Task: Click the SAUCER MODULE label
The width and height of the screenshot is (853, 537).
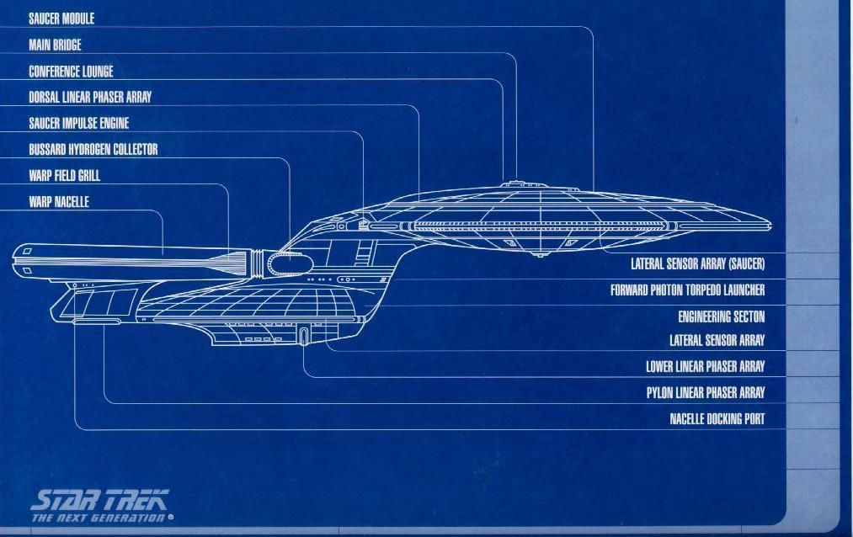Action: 61,19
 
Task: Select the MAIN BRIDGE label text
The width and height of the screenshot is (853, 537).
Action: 55,45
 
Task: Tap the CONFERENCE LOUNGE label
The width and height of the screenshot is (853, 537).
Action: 71,72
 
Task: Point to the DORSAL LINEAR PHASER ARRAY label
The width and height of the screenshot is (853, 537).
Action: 90,98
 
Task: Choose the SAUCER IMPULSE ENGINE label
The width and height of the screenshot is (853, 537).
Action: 78,124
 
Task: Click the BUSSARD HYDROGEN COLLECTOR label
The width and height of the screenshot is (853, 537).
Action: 93,150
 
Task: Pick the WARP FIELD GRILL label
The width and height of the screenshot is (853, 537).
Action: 64,176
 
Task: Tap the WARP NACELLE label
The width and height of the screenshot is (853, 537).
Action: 58,202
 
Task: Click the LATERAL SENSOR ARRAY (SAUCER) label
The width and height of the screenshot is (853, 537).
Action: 697,264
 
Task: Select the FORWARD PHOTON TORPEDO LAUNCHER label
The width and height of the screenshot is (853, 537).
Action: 687,291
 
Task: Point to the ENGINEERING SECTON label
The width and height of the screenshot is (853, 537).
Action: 721,317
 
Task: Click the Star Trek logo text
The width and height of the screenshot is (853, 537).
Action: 99,499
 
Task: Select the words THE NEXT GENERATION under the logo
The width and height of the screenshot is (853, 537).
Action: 99,518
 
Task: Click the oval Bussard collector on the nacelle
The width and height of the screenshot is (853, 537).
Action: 290,264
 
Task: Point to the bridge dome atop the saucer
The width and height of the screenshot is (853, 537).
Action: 514,183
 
